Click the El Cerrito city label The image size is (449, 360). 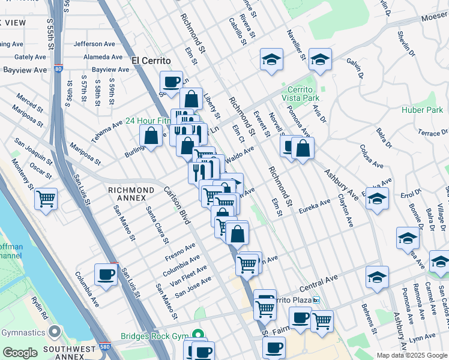click(151, 61)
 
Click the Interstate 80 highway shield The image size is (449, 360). click(58, 68)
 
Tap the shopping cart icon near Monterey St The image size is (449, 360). click(46, 198)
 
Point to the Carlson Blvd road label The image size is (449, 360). click(177, 205)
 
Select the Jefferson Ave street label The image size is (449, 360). click(94, 44)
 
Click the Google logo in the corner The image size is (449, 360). click(20, 353)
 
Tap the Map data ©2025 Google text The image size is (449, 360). click(411, 355)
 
